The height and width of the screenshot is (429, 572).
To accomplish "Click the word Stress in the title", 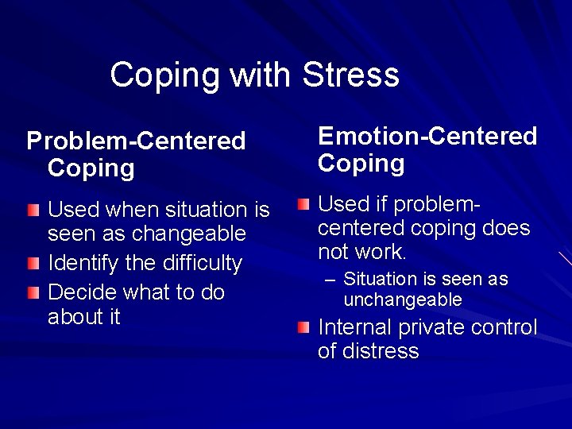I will [x=350, y=75].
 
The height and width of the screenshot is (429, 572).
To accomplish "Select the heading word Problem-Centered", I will [x=136, y=141].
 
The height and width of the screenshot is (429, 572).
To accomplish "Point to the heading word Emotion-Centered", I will [x=427, y=136].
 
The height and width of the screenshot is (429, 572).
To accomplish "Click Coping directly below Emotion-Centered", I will [x=361, y=163].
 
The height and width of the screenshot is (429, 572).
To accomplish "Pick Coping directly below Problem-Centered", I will [x=91, y=168].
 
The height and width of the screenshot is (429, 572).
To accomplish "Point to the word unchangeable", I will [x=403, y=300].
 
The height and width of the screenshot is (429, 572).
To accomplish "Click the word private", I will [x=443, y=327].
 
